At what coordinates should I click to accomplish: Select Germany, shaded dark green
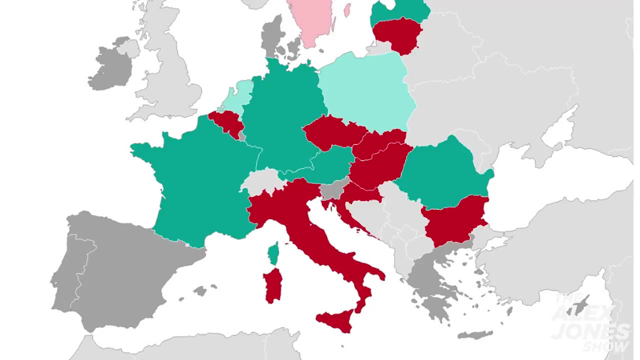280,115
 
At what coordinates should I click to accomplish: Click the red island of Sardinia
272,285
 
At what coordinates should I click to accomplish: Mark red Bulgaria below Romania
455,220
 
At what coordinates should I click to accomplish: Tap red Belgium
225,123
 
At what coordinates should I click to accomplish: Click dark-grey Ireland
110,67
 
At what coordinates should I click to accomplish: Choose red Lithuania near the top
397,32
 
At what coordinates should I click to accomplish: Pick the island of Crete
475,334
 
